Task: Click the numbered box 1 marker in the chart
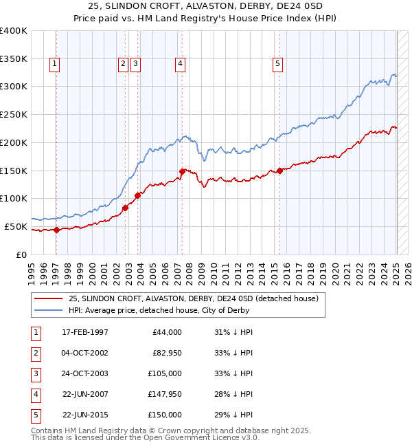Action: [54, 64]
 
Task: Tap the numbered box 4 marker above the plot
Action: [179, 64]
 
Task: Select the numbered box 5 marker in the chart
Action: [277, 64]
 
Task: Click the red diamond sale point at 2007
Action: [182, 171]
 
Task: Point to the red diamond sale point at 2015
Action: [280, 171]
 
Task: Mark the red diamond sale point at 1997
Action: [57, 230]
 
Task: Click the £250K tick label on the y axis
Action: [13, 114]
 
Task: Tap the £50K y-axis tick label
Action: [16, 226]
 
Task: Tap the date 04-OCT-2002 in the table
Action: [85, 352]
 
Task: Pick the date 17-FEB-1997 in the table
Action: [85, 332]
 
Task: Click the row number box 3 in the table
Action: [35, 373]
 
